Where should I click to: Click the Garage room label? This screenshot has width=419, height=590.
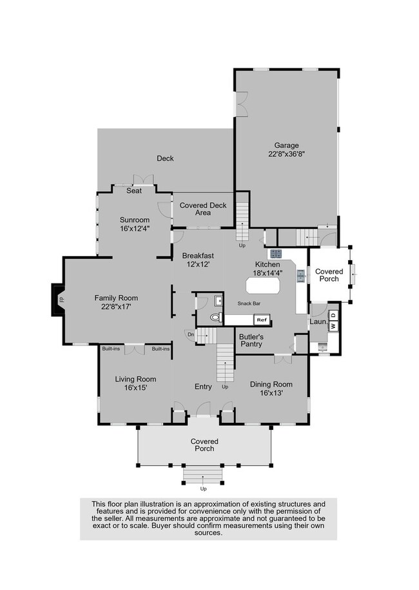tap(286, 146)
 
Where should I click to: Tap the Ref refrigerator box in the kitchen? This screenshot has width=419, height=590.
tap(262, 320)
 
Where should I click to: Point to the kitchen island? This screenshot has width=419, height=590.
tap(263, 285)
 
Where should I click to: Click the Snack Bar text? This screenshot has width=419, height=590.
tap(249, 303)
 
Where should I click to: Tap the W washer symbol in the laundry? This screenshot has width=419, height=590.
tap(333, 326)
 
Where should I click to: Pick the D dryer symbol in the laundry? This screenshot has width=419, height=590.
tap(335, 315)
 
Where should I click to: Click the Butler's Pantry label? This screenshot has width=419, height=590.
tap(251, 340)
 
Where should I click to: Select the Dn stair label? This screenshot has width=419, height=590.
tap(191, 334)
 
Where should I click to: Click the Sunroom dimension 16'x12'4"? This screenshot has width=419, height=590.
tap(135, 229)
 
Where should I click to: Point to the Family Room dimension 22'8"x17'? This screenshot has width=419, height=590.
tap(116, 307)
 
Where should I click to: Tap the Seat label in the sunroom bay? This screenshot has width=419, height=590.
tap(134, 191)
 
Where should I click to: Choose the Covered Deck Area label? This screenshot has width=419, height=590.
tap(203, 209)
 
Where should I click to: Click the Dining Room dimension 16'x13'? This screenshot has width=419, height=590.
tap(271, 393)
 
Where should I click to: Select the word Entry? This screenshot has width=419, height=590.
tap(203, 387)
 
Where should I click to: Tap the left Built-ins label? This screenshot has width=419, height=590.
tap(111, 349)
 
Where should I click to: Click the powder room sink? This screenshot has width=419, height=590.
tap(218, 301)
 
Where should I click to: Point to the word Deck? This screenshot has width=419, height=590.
tap(166, 158)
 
